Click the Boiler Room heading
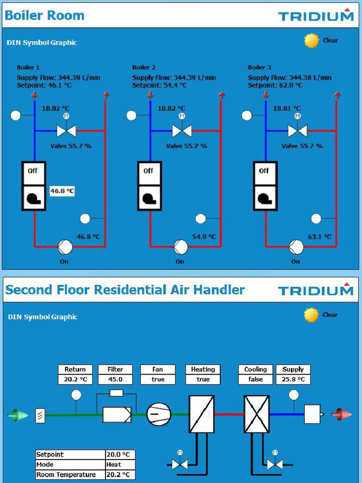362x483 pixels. [45, 15]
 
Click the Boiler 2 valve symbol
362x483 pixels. [182, 131]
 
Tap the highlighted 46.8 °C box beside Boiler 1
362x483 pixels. [62, 191]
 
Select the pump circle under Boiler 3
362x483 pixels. [296, 247]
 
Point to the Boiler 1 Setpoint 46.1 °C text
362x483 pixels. [44, 85]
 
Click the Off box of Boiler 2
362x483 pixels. [149, 173]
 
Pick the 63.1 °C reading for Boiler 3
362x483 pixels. [320, 237]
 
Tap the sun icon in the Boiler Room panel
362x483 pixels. [311, 41]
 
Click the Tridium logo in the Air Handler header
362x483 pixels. [316, 289]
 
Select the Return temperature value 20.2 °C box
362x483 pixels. [75, 380]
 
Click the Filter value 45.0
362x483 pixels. [115, 380]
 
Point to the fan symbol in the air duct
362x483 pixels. [158, 414]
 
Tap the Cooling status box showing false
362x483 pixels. [255, 380]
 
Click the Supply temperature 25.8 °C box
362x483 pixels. [293, 380]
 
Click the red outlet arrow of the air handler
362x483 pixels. [341, 414]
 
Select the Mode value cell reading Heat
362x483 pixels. [120, 465]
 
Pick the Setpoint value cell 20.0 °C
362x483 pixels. [120, 454]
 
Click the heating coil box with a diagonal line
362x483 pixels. [202, 414]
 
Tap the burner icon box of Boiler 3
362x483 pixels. [265, 198]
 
